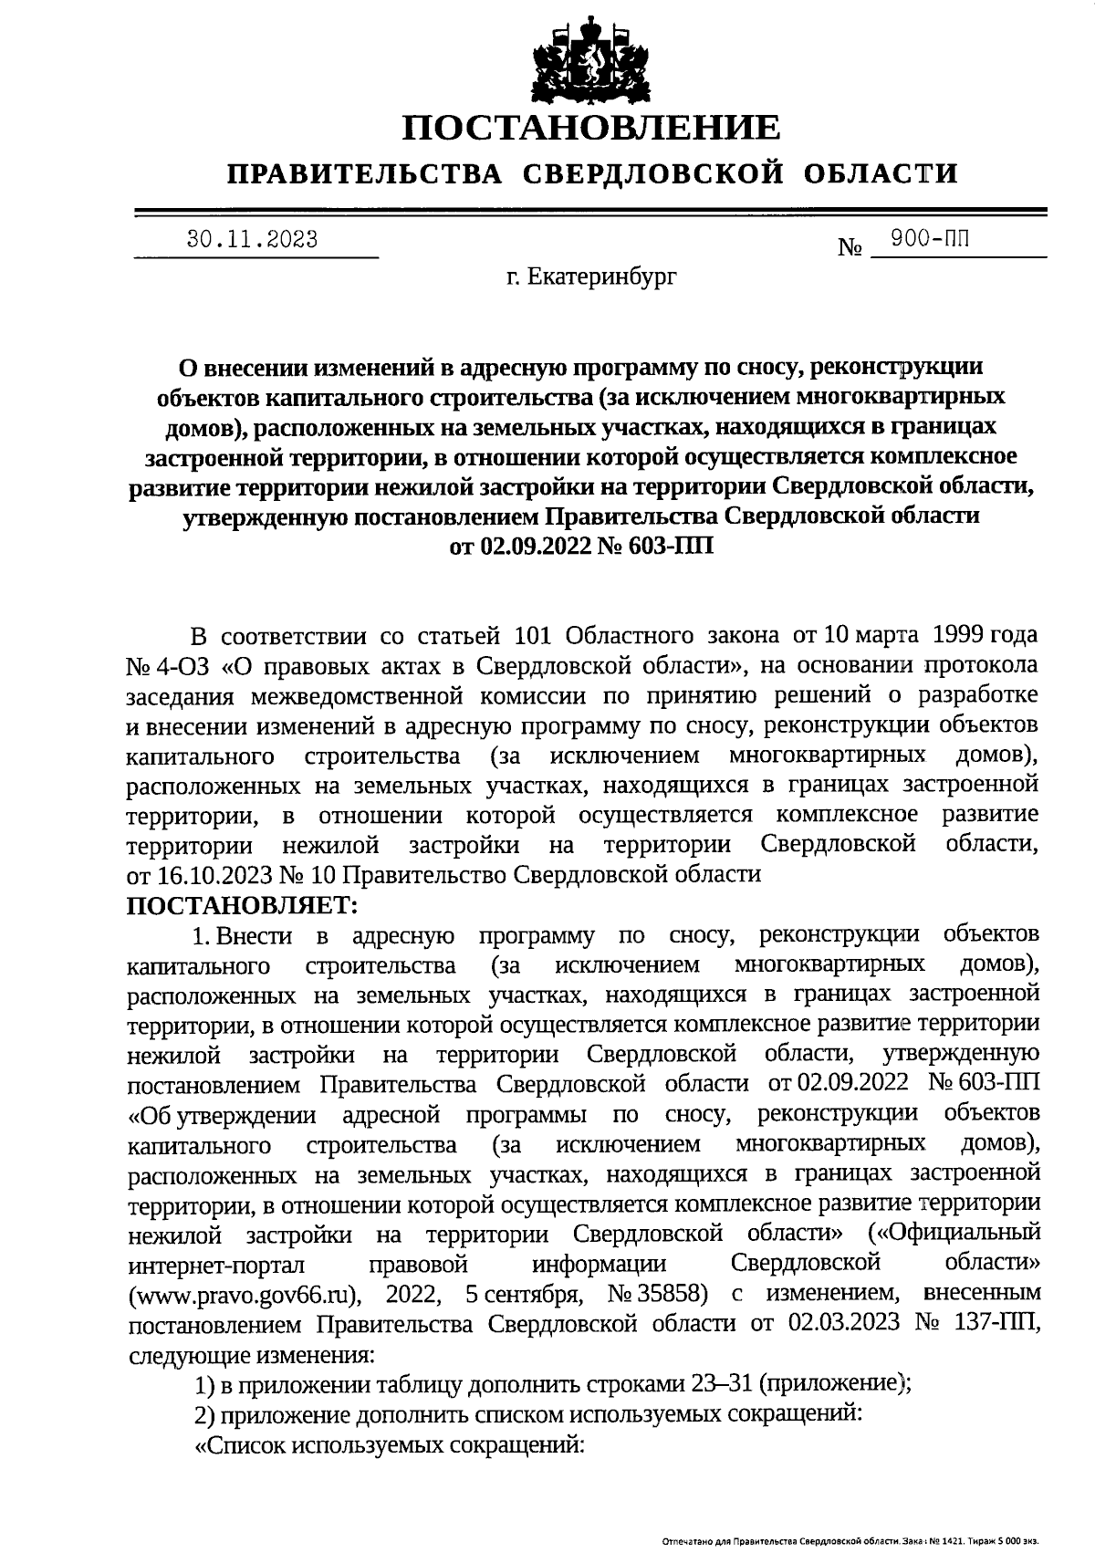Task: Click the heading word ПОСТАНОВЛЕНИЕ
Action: tap(592, 128)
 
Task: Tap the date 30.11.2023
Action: tap(253, 240)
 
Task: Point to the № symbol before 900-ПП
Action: tap(850, 247)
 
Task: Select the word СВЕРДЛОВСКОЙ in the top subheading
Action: tap(654, 173)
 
